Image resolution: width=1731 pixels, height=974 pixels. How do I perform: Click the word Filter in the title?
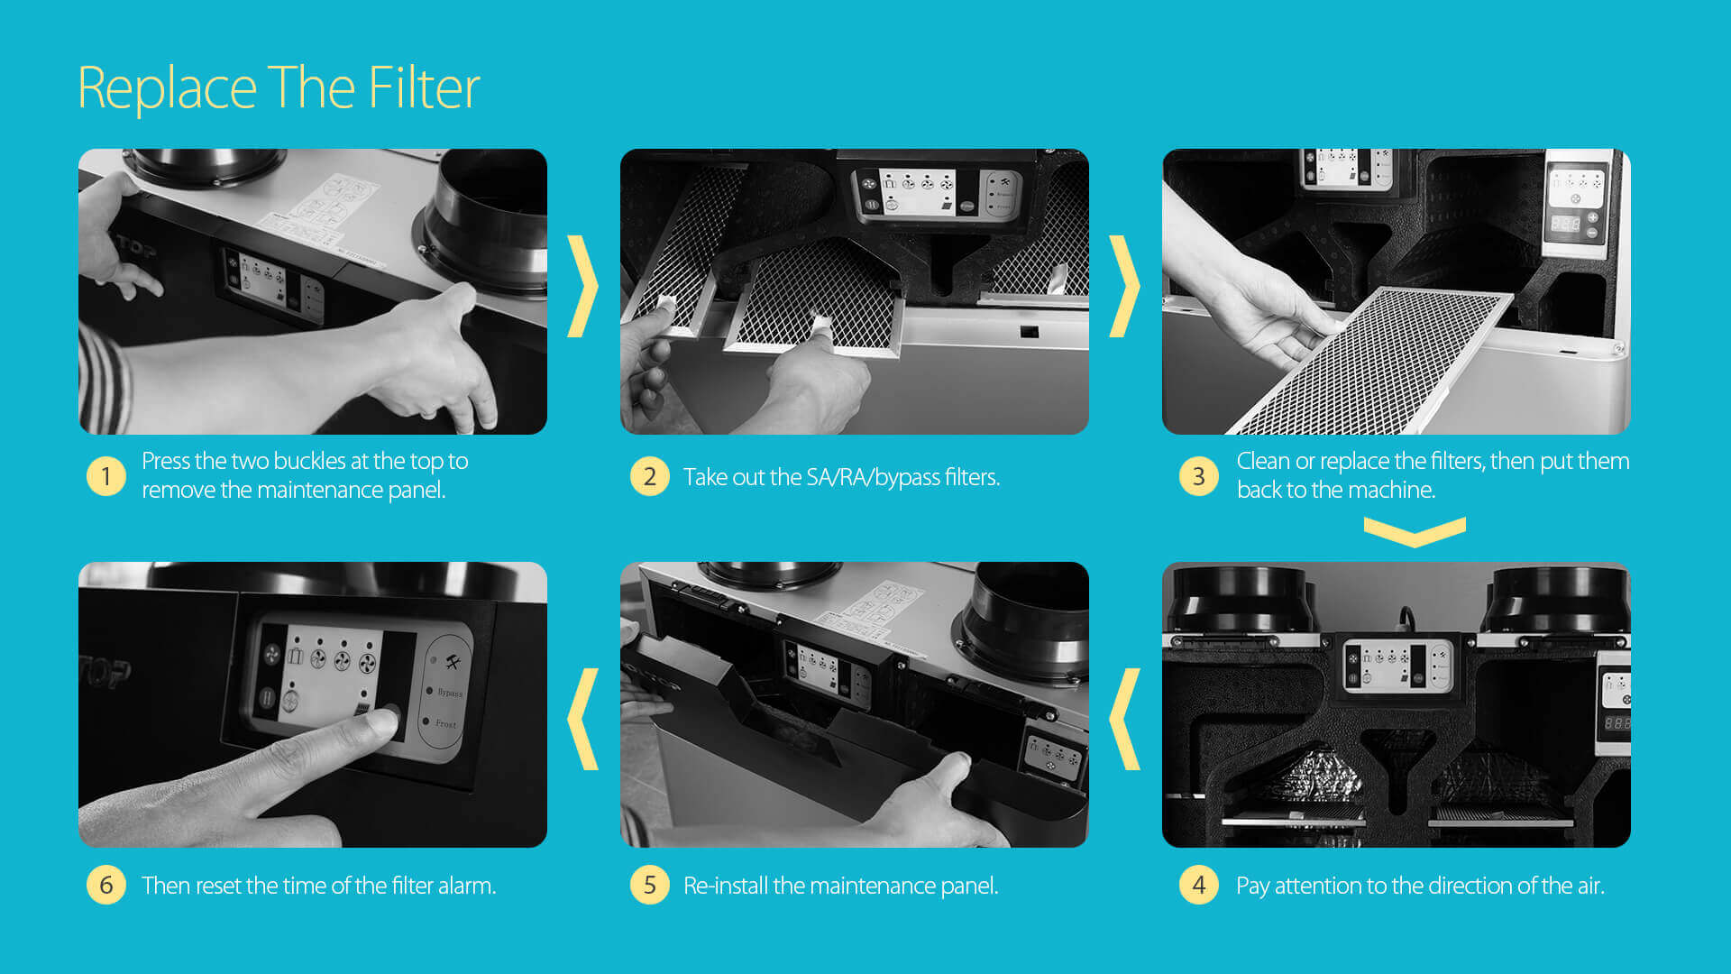tap(424, 87)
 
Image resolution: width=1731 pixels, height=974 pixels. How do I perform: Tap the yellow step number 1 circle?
tap(105, 475)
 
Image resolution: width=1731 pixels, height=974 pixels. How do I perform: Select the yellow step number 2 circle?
tap(649, 476)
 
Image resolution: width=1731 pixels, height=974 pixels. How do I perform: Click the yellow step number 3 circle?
tap(1198, 475)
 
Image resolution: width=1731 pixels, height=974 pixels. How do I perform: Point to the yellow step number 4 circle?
tap(1198, 885)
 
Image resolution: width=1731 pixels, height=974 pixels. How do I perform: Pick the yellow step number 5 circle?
tap(649, 885)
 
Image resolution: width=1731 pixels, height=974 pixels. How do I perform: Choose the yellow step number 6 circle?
tap(105, 885)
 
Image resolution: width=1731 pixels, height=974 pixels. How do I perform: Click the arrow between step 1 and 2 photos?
tap(582, 286)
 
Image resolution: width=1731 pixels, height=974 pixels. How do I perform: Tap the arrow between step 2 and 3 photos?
tap(1124, 286)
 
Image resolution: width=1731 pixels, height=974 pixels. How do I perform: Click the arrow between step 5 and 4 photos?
tap(1124, 719)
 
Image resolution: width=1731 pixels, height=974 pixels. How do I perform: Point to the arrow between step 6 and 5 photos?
tap(582, 719)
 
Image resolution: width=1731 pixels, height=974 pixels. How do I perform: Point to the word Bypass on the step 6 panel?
tap(450, 693)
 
